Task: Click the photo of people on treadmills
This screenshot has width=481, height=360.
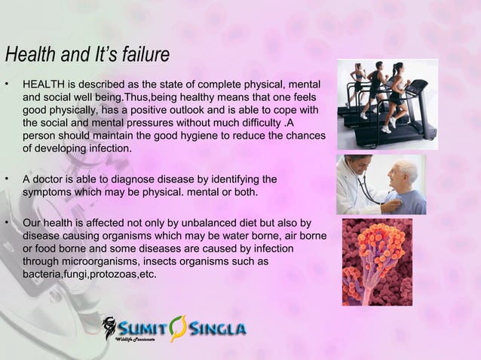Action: (x=387, y=103)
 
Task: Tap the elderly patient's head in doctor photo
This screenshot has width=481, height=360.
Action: (x=408, y=172)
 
